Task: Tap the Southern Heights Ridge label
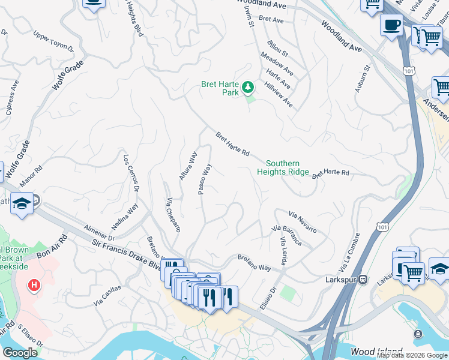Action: coord(287,167)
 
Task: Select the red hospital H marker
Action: coord(35,285)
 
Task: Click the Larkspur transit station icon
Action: coord(363,280)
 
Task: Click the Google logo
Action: coord(20,353)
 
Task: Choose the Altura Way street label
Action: coord(188,166)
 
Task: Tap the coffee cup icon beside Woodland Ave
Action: coord(391,26)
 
